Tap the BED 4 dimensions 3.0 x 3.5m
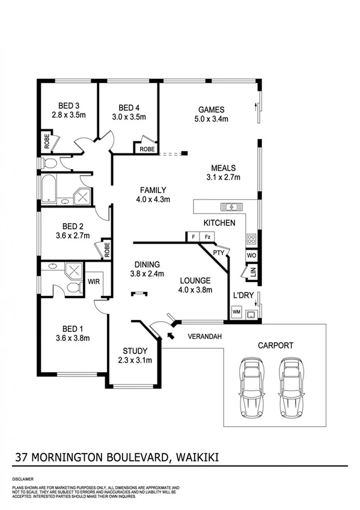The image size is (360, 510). [x=129, y=117]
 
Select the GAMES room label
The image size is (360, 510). [x=211, y=109]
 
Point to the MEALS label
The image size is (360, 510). [x=223, y=168]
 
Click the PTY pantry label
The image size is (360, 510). [x=218, y=253]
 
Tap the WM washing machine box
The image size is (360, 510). [x=236, y=312]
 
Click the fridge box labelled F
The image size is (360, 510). [x=193, y=237]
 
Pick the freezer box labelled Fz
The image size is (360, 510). [x=207, y=237]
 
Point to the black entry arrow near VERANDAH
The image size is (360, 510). [x=172, y=334]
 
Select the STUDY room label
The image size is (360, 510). [x=135, y=351]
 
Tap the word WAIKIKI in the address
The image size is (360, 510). [x=197, y=458]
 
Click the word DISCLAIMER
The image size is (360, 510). [x=22, y=479]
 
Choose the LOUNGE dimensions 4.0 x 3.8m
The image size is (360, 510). [x=195, y=290]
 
